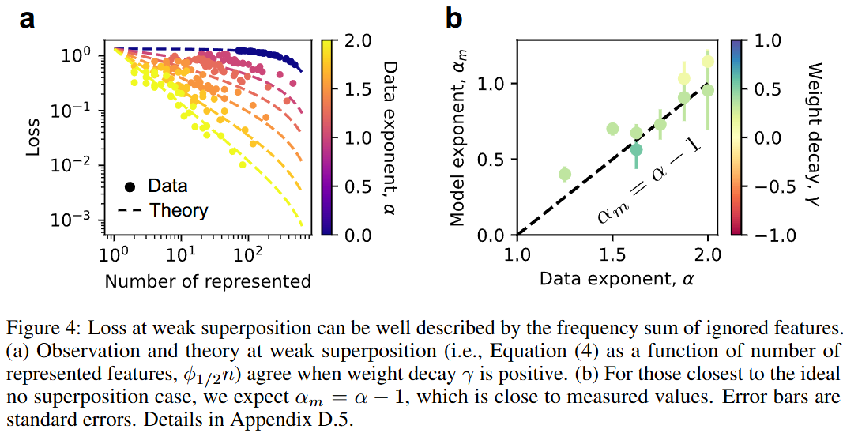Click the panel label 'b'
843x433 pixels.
coord(453,17)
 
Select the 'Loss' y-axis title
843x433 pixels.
coord(32,137)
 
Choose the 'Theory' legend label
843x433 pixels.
coord(179,210)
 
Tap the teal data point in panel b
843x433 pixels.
coord(636,149)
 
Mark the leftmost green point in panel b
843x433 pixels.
coord(564,174)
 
